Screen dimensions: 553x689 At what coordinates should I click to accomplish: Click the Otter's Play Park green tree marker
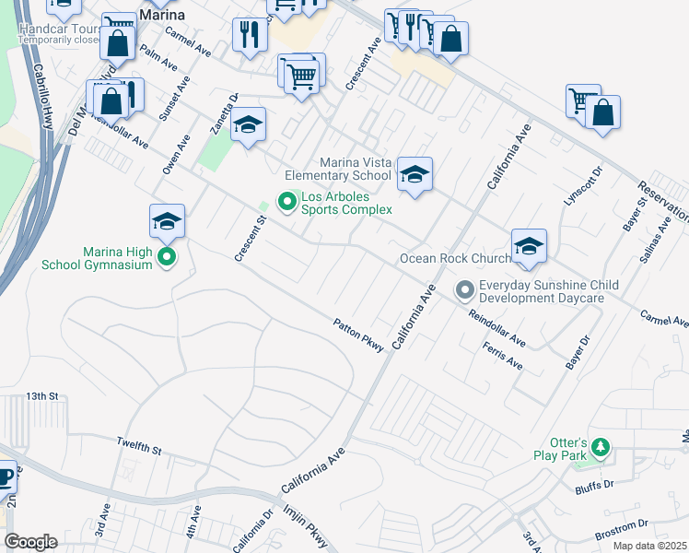click(x=601, y=448)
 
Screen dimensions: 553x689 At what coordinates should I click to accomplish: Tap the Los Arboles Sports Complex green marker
click(x=286, y=200)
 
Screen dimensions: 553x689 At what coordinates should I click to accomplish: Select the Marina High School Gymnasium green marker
click(x=167, y=257)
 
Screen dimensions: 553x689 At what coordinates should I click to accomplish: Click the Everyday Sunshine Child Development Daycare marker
click(x=466, y=291)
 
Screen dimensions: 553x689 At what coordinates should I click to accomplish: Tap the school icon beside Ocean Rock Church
click(x=530, y=246)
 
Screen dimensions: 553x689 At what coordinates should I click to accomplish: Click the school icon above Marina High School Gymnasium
click(x=167, y=221)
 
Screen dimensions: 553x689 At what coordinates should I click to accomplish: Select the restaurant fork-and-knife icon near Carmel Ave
click(x=249, y=36)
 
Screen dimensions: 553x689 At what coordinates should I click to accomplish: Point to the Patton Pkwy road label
click(x=357, y=334)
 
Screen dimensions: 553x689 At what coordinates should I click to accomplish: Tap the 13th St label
click(x=41, y=395)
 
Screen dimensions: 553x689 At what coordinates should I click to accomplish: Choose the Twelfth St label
click(x=139, y=448)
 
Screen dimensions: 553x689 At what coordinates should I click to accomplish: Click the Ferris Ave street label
click(x=502, y=356)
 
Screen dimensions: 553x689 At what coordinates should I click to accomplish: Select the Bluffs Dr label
click(x=593, y=488)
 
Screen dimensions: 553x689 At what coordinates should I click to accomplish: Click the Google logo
click(x=29, y=542)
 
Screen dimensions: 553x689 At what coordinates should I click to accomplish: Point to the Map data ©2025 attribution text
click(x=649, y=546)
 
